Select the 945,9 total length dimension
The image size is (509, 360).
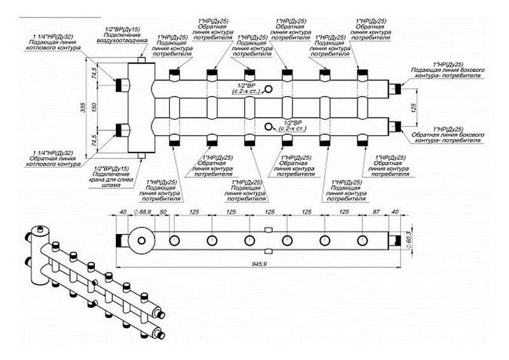(x=259, y=263)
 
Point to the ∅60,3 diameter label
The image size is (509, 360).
(x=409, y=235)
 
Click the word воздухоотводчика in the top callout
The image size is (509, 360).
(x=122, y=42)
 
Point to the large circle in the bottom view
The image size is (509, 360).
(x=142, y=241)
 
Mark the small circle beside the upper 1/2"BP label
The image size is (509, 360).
(x=268, y=89)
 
